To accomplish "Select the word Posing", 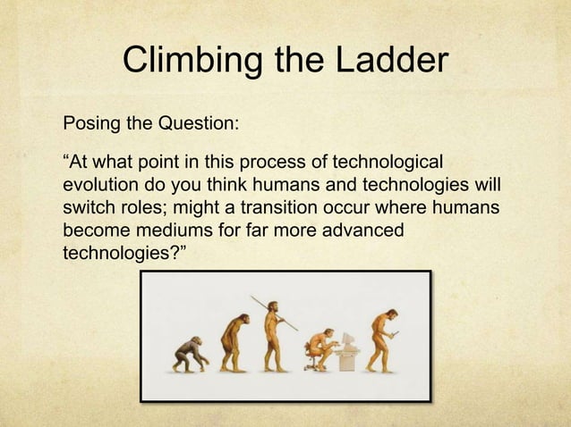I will (87, 122).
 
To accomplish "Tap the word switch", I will (87, 208).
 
